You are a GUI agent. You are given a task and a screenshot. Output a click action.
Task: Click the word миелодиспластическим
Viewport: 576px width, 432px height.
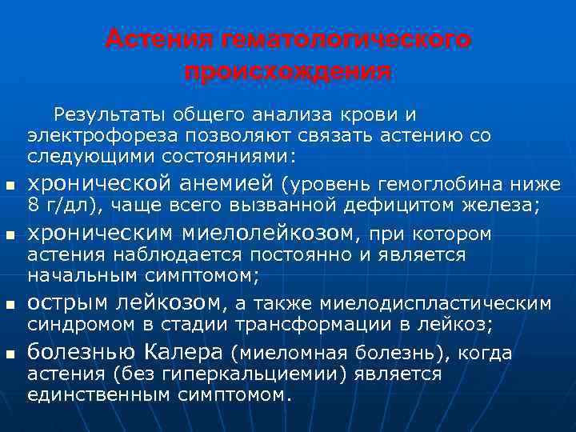pyautogui.click(x=436, y=304)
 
